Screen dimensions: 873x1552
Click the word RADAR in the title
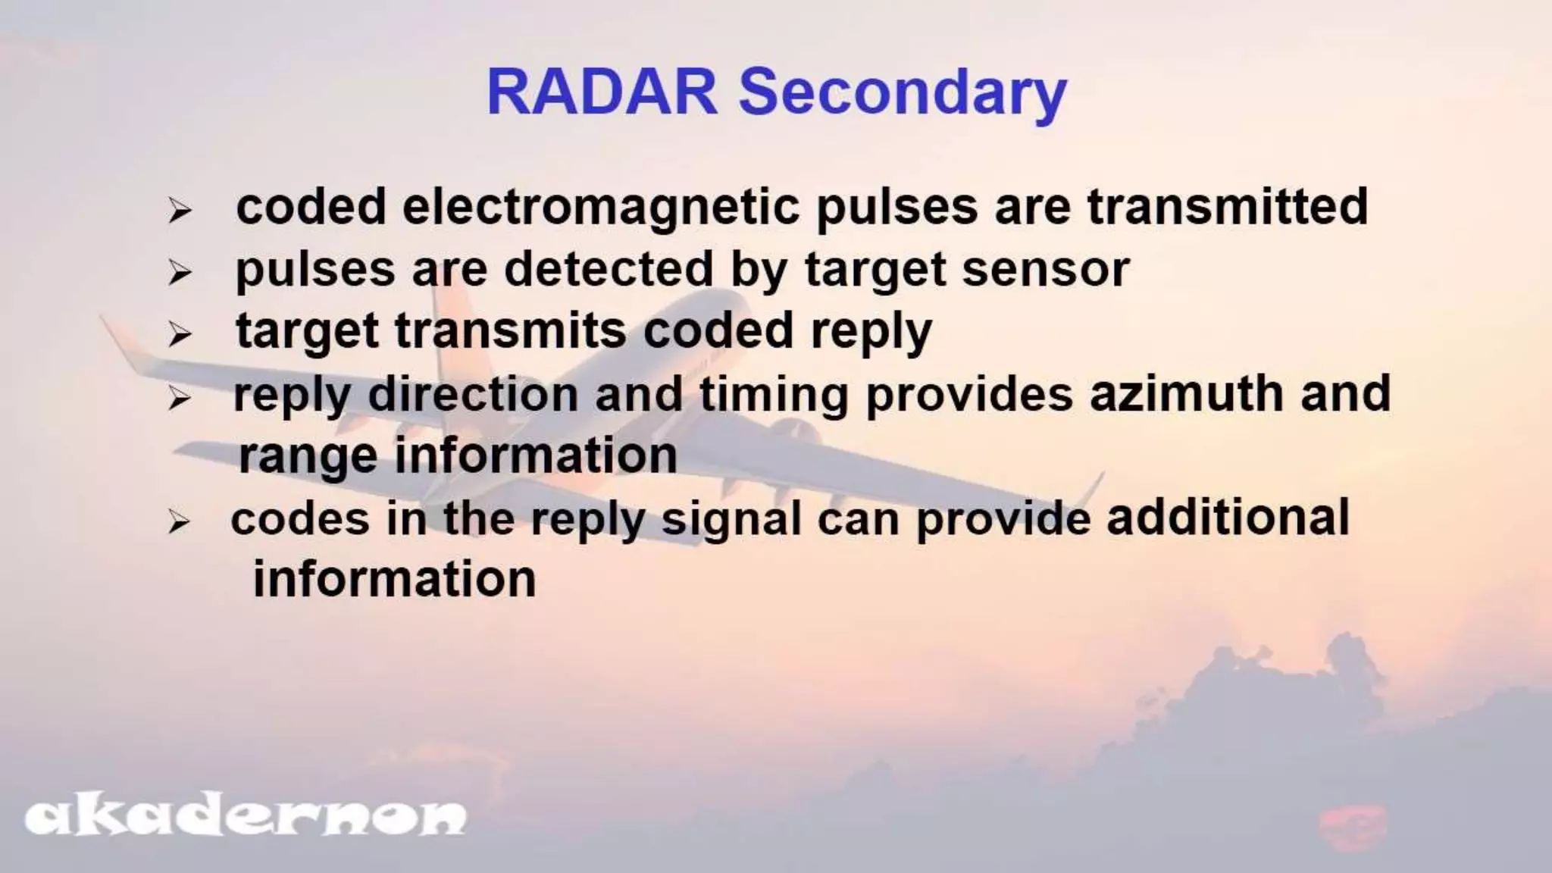click(602, 92)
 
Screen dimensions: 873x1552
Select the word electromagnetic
click(601, 207)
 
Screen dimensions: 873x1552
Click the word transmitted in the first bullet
click(1227, 206)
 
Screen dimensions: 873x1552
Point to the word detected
click(609, 269)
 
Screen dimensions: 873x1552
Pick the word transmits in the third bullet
click(511, 331)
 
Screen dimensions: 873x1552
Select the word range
click(307, 457)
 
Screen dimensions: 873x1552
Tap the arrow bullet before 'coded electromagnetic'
click(180, 210)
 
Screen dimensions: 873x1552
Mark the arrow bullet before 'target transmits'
click(180, 333)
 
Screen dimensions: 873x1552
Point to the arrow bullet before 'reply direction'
click(180, 396)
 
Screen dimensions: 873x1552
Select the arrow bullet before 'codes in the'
click(180, 521)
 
